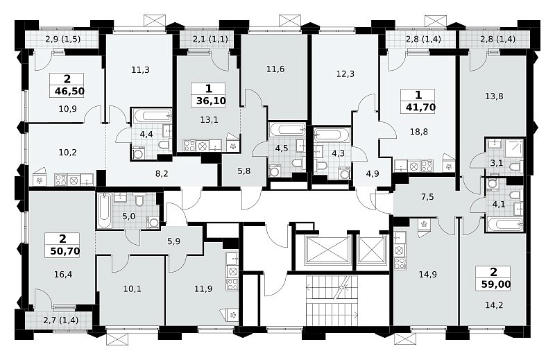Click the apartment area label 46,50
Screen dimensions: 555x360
click(69, 92)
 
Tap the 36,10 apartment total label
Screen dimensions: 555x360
click(211, 101)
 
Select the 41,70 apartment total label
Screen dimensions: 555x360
click(420, 107)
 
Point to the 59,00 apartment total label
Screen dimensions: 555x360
click(496, 284)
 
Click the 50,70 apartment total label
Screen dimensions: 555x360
click(65, 251)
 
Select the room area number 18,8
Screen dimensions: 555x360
click(419, 132)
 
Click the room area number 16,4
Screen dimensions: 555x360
click(63, 274)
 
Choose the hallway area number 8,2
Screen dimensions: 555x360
click(162, 173)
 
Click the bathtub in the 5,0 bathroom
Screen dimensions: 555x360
click(104, 211)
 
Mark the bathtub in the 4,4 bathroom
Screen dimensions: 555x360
click(151, 115)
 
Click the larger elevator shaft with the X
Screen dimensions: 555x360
click(327, 250)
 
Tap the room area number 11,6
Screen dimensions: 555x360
click(275, 69)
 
